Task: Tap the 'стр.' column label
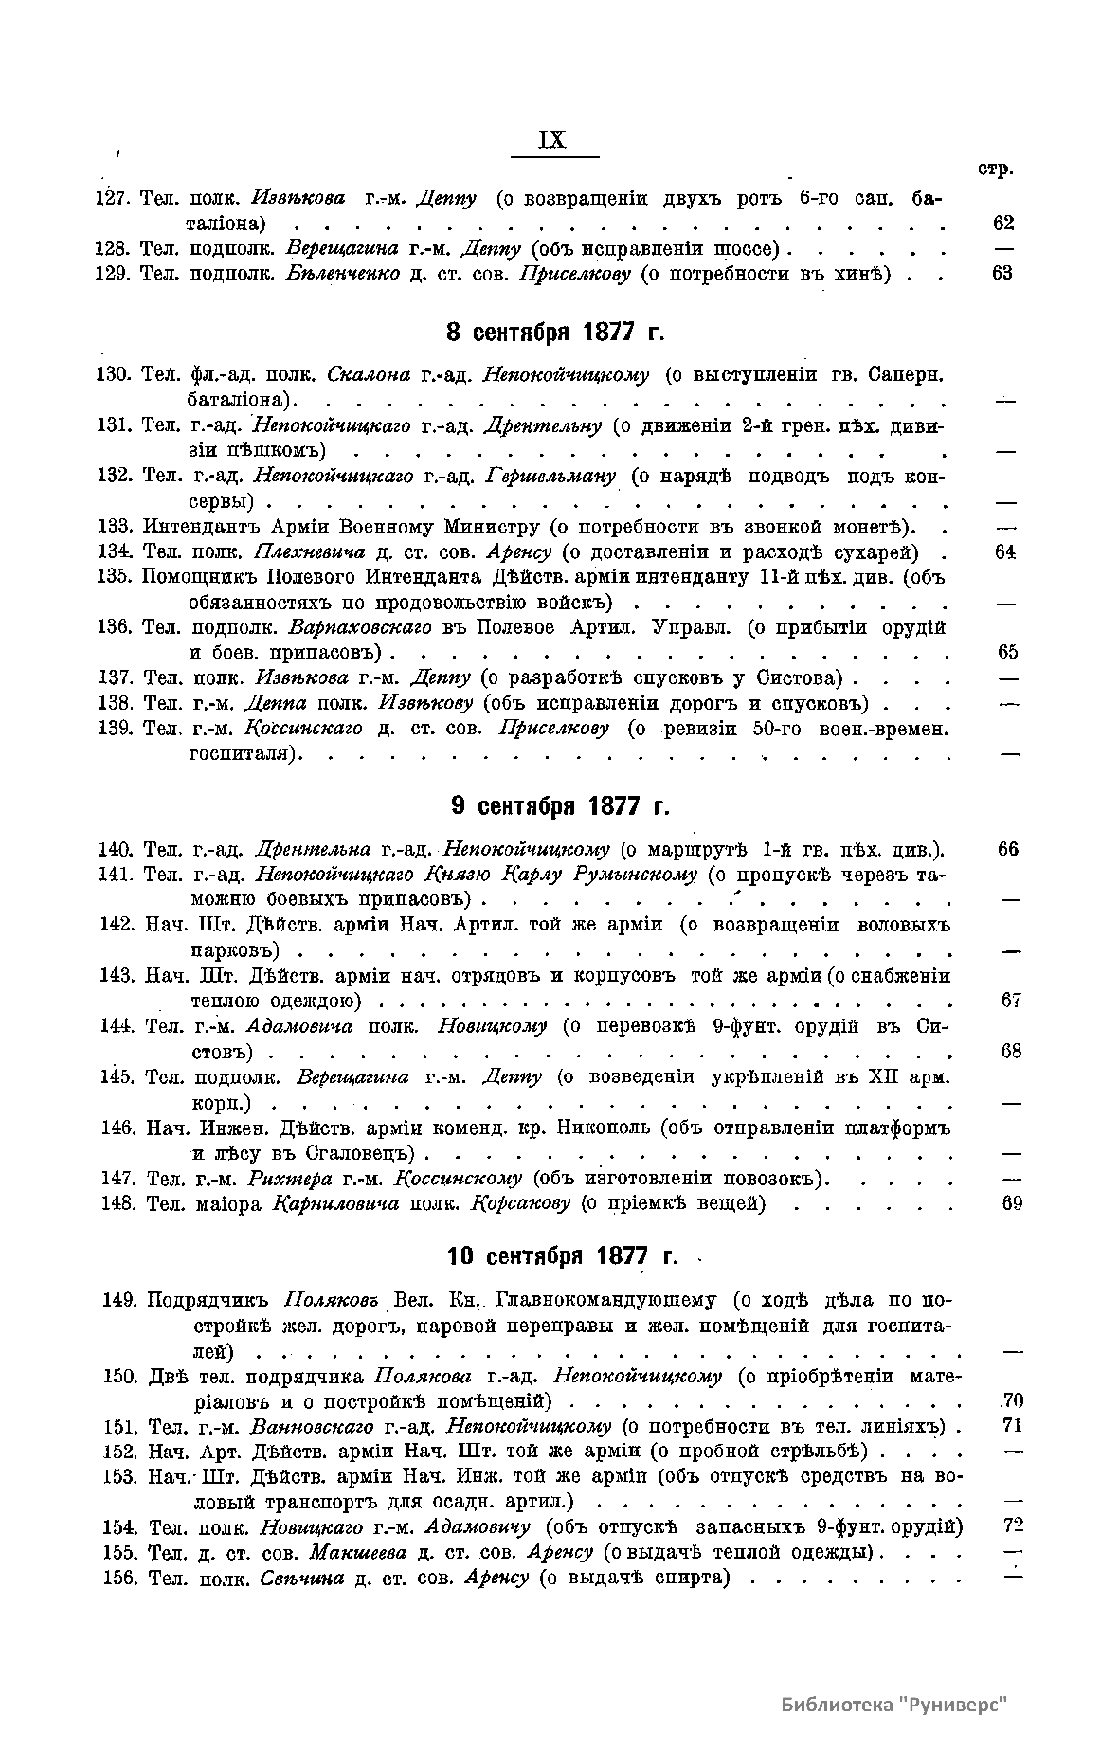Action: (x=996, y=170)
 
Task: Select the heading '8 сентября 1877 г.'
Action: (x=555, y=333)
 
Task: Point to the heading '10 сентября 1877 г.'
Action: (x=562, y=1255)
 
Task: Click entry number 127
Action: (x=113, y=198)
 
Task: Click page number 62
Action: (x=1003, y=224)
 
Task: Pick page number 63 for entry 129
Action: (x=1003, y=273)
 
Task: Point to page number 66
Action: (x=1008, y=848)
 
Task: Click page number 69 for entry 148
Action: (x=1011, y=1203)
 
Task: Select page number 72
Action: (x=1013, y=1526)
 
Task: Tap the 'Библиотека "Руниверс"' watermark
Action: (x=893, y=1704)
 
